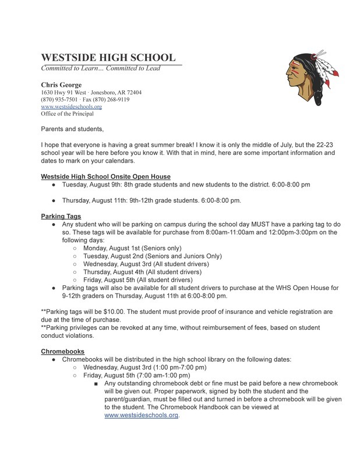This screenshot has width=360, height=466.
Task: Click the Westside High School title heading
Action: coord(108,58)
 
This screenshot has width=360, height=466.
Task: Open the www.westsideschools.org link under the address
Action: coord(71,107)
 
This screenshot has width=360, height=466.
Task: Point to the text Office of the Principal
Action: coord(67,114)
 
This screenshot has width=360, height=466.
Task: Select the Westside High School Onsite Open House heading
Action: coord(105,176)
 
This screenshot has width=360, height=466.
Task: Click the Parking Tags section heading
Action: coord(61,216)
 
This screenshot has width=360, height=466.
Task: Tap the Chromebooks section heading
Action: coord(62,351)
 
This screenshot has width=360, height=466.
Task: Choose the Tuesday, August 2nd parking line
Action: coord(152,256)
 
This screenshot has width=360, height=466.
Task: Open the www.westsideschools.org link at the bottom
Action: coord(141,415)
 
